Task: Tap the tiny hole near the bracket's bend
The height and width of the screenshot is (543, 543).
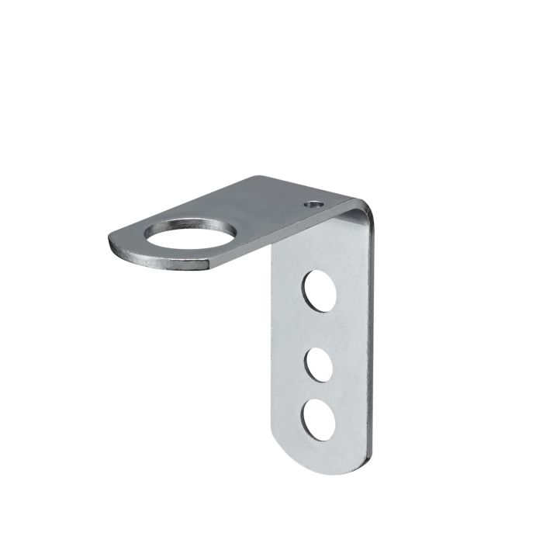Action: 313,206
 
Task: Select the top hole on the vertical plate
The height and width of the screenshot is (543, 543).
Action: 320,290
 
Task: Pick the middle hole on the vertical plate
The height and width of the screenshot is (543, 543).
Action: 318,364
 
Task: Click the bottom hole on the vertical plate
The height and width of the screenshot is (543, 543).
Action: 319,420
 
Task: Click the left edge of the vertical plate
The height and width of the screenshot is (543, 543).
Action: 272,349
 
